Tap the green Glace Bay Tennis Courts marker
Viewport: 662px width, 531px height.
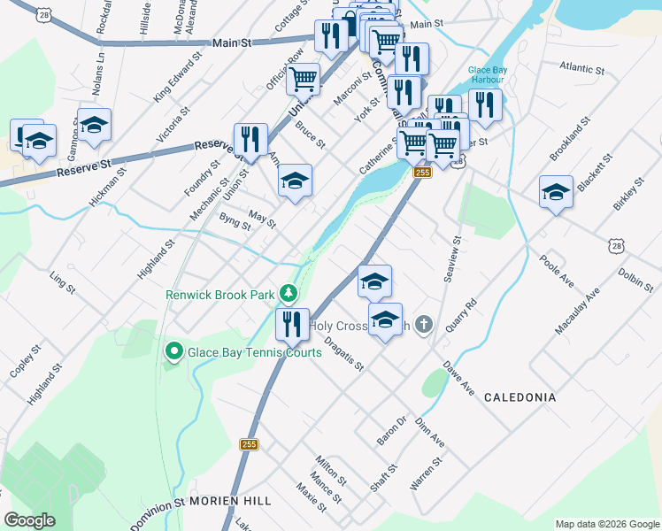pos(173,352)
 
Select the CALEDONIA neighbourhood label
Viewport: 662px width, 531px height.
pos(520,397)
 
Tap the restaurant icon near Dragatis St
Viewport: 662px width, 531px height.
pos(292,324)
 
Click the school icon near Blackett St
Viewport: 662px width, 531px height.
pos(556,191)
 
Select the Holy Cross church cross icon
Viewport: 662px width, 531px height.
pos(424,325)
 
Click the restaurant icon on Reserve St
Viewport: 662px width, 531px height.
pos(250,139)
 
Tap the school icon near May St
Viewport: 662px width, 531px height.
pos(296,181)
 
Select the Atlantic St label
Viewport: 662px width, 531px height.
pos(581,68)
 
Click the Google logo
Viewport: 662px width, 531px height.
pos(29,520)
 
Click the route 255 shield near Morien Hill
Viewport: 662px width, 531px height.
pos(249,444)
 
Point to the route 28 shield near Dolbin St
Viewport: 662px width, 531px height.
pos(616,244)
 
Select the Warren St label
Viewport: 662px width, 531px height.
pos(427,474)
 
